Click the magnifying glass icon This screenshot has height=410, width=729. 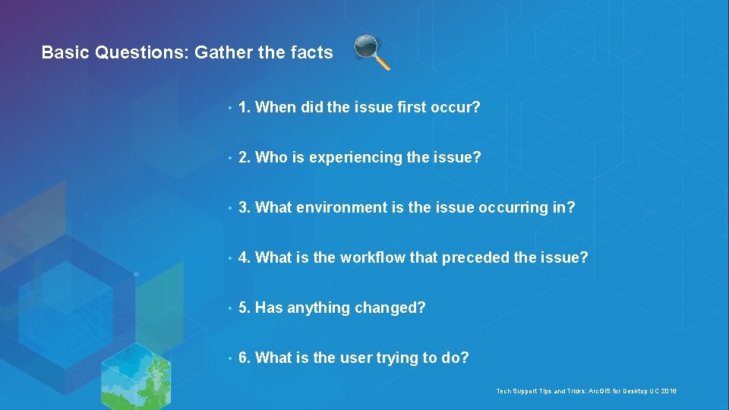(x=372, y=52)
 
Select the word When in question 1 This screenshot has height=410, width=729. (x=276, y=107)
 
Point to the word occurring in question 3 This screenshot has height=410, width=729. (x=514, y=207)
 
